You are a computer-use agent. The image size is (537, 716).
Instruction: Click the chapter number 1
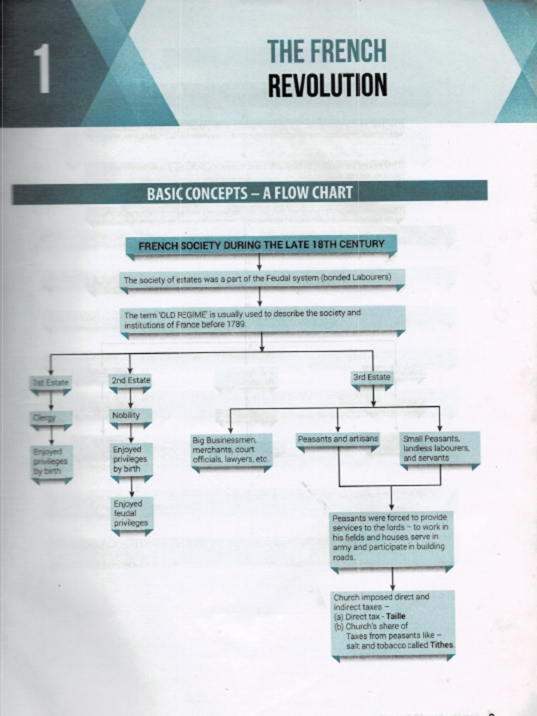pyautogui.click(x=43, y=69)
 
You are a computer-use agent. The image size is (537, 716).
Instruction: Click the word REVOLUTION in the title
pyautogui.click(x=327, y=85)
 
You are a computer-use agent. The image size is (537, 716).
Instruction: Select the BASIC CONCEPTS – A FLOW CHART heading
pyautogui.click(x=250, y=192)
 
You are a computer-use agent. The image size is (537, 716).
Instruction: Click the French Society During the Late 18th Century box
pyautogui.click(x=261, y=245)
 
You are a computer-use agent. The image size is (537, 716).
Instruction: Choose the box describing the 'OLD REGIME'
pyautogui.click(x=262, y=319)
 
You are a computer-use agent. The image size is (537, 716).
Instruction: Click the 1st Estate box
pyautogui.click(x=50, y=382)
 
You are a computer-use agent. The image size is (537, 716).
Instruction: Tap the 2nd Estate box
pyautogui.click(x=130, y=380)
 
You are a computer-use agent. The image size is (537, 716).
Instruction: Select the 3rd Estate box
pyautogui.click(x=372, y=378)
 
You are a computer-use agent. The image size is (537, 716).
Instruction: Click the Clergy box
pyautogui.click(x=50, y=417)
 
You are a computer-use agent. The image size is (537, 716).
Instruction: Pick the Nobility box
pyautogui.click(x=130, y=415)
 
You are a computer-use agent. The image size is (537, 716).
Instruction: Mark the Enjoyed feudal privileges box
pyautogui.click(x=131, y=513)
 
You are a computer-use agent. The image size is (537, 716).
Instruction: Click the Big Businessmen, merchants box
pyautogui.click(x=230, y=450)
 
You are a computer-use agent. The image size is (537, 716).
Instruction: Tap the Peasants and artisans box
pyautogui.click(x=338, y=439)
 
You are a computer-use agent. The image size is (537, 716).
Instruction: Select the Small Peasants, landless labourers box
pyautogui.click(x=439, y=448)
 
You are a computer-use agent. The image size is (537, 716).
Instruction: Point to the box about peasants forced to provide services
pyautogui.click(x=391, y=538)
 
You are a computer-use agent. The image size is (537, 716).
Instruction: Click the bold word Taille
pyautogui.click(x=395, y=617)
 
